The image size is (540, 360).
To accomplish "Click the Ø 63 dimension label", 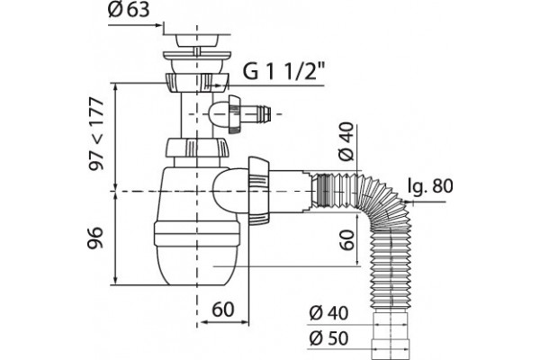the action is pyautogui.click(x=129, y=10).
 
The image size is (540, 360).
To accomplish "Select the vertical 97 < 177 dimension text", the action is pyautogui.click(x=95, y=134).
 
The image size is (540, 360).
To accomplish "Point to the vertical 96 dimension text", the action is pyautogui.click(x=95, y=238).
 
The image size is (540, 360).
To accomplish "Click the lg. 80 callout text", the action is pyautogui.click(x=429, y=186).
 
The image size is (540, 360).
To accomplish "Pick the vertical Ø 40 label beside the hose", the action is pyautogui.click(x=346, y=141).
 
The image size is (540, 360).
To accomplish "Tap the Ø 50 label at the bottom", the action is pyautogui.click(x=328, y=338).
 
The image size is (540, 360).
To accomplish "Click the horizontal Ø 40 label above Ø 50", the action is pyautogui.click(x=328, y=313).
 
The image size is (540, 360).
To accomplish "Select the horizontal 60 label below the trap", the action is pyautogui.click(x=223, y=310).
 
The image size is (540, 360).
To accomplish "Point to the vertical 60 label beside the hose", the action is pyautogui.click(x=346, y=239).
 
